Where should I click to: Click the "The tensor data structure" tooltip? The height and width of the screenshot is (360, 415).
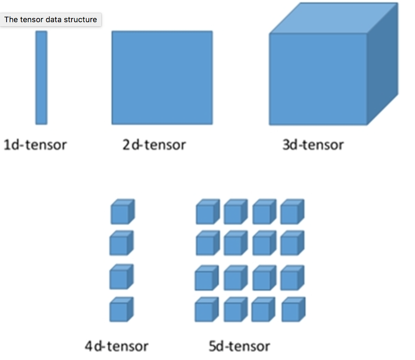[51, 19]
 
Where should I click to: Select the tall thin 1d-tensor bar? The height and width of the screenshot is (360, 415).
[41, 77]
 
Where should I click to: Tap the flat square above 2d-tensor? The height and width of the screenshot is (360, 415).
[162, 77]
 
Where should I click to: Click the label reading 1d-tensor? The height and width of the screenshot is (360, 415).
[35, 144]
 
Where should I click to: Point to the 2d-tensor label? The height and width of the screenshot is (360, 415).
[154, 144]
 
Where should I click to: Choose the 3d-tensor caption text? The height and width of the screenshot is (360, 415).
[313, 144]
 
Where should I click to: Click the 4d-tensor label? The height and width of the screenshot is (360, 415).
[117, 346]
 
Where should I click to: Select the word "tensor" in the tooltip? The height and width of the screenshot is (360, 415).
[31, 19]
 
